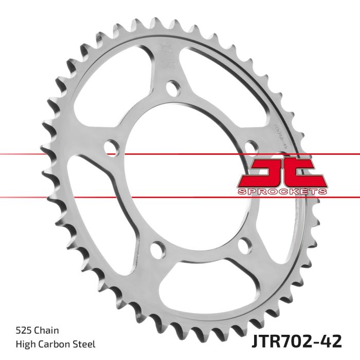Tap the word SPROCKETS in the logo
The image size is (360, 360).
click(282, 192)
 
